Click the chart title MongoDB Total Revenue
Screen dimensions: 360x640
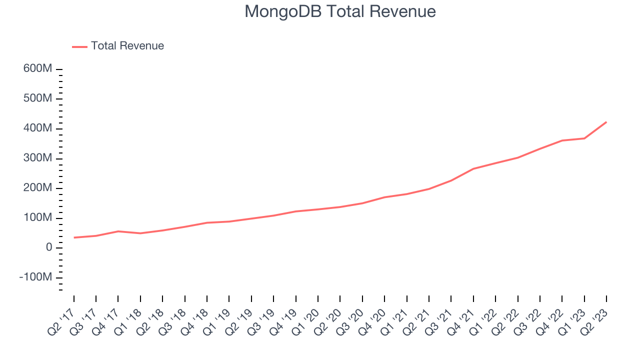tap(340, 11)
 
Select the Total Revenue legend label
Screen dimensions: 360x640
tap(127, 46)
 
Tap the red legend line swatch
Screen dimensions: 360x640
tap(80, 46)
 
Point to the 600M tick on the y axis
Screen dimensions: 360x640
tap(37, 68)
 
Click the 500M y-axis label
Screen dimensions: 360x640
tap(37, 98)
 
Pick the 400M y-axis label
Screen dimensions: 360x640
tap(37, 128)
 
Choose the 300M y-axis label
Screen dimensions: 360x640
tap(37, 158)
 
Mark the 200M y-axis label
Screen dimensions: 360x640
tap(37, 188)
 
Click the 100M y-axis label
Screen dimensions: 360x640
tap(37, 218)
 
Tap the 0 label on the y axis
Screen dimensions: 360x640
tap(48, 248)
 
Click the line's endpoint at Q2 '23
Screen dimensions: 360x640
tap(606, 122)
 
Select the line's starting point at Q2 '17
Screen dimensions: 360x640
tap(74, 237)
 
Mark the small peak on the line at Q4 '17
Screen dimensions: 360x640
tap(118, 231)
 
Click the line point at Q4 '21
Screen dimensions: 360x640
tap(473, 168)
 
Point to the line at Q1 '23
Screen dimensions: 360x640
tap(584, 138)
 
